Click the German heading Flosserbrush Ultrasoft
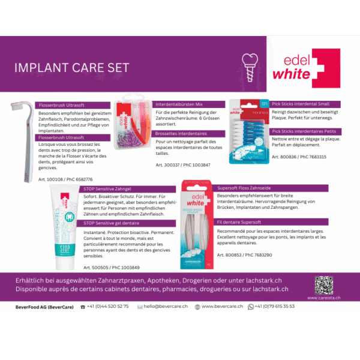(62, 104)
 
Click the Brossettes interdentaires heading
(181, 133)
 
